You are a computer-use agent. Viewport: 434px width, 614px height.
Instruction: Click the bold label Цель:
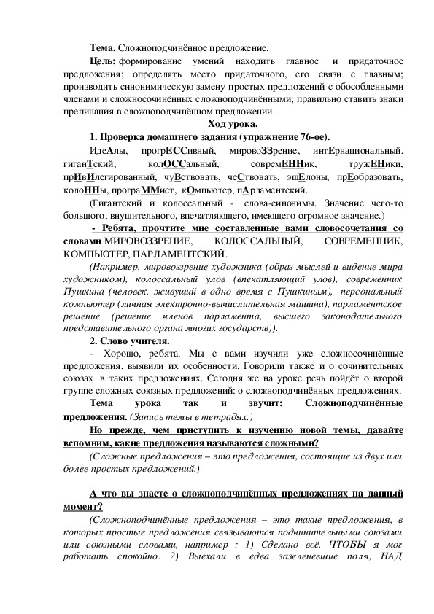(x=101, y=63)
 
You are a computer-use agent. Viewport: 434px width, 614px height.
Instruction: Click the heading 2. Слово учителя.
(x=129, y=341)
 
